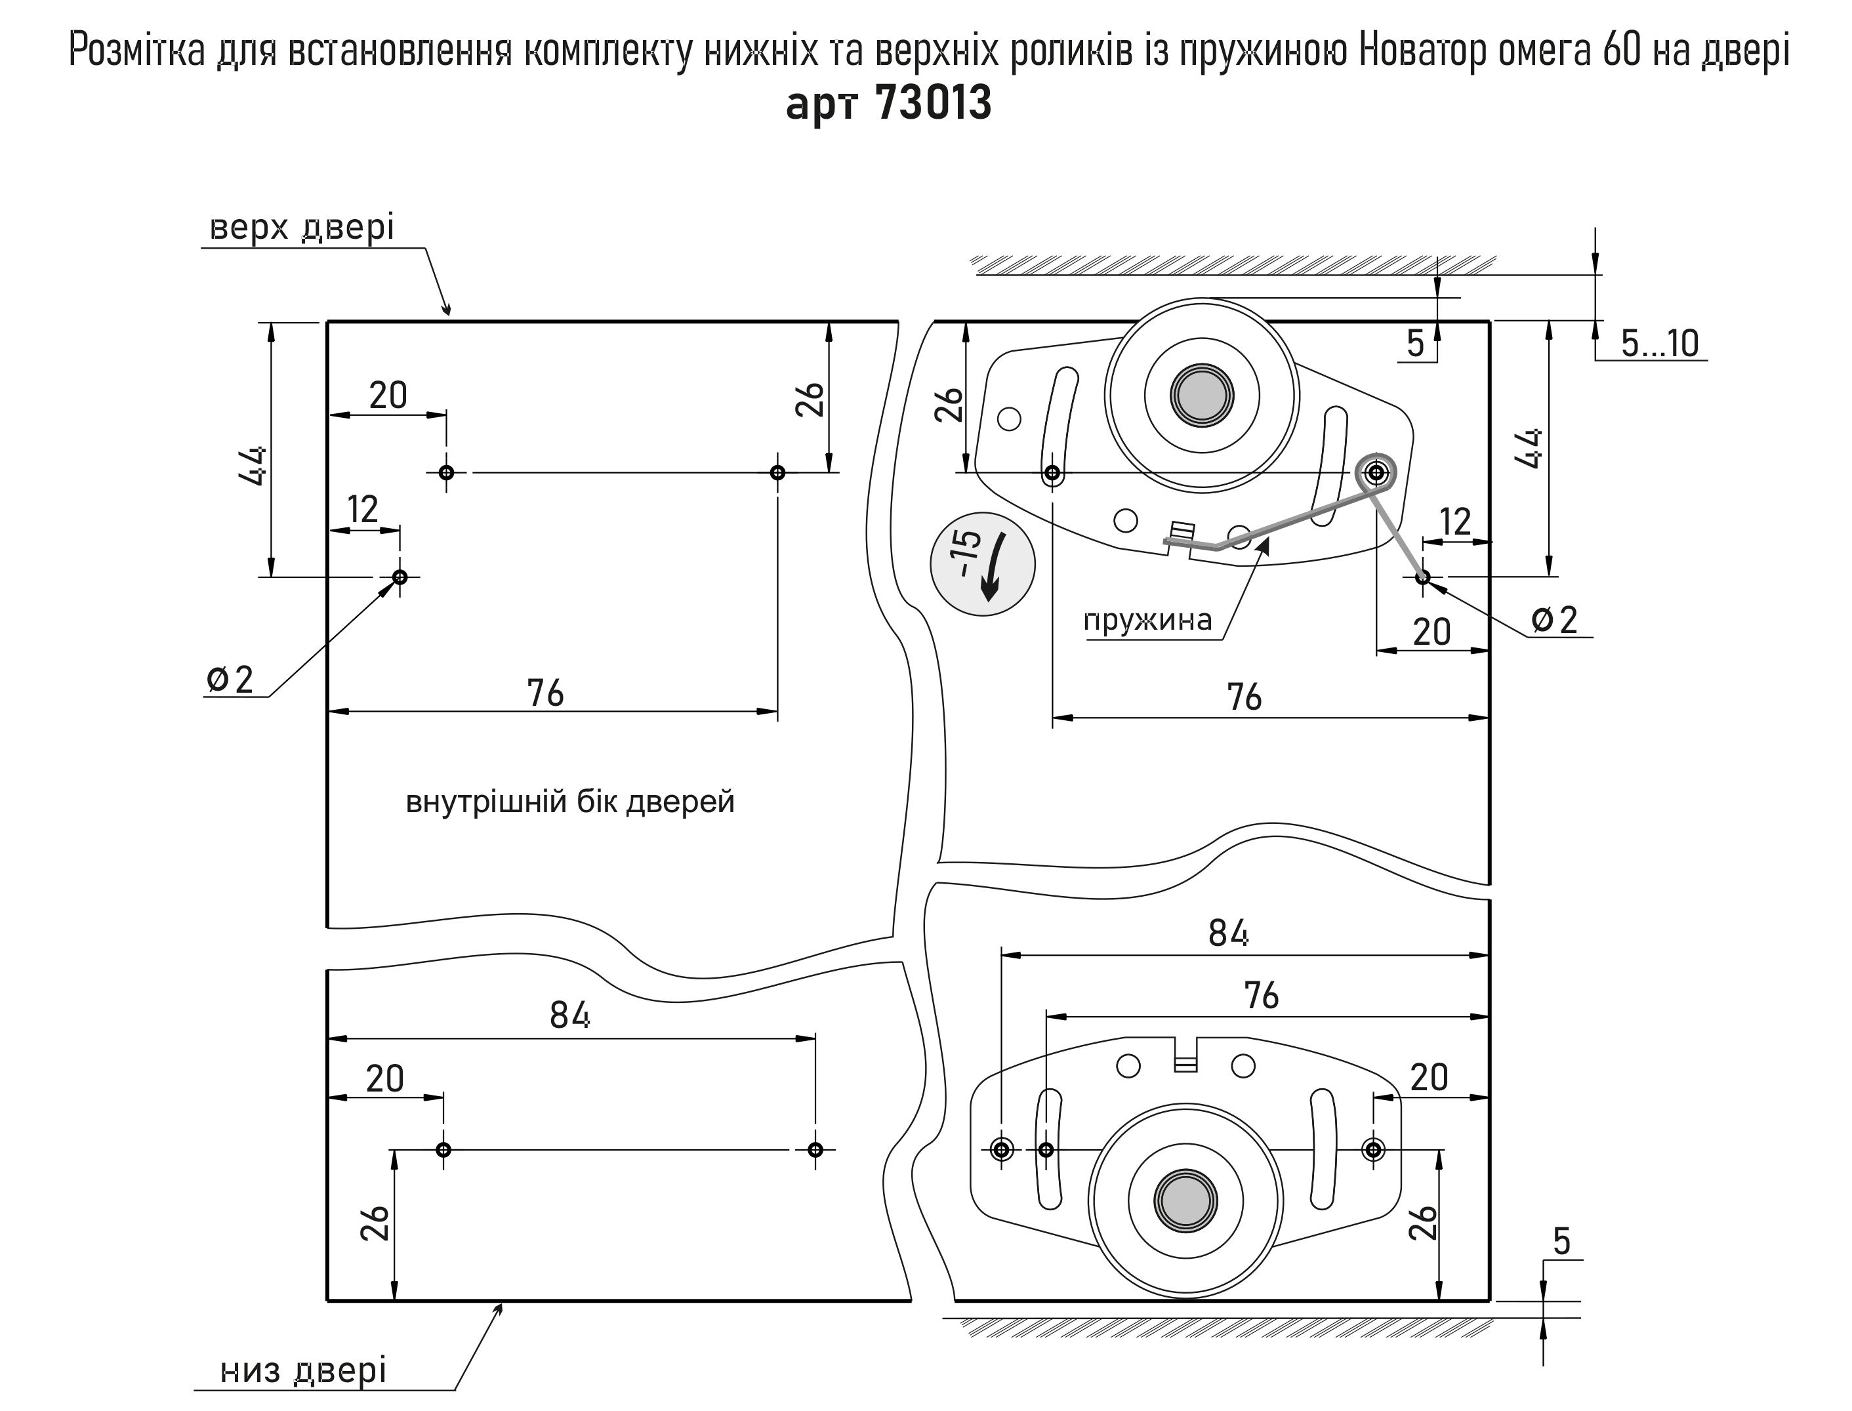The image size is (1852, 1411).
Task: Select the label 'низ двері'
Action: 303,1370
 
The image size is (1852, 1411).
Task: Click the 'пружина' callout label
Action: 1147,621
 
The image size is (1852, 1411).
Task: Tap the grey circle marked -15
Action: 982,563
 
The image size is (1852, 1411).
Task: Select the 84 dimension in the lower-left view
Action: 569,1015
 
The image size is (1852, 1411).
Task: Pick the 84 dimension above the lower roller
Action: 1228,932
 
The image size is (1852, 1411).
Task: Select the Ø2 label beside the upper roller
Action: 1555,620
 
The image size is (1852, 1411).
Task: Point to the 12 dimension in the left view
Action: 363,509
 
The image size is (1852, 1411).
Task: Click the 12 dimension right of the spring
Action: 1456,521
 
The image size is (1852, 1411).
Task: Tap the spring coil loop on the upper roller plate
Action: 1376,473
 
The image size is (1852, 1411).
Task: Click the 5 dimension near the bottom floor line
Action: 1561,1240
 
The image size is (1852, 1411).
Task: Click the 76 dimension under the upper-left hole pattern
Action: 545,693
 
